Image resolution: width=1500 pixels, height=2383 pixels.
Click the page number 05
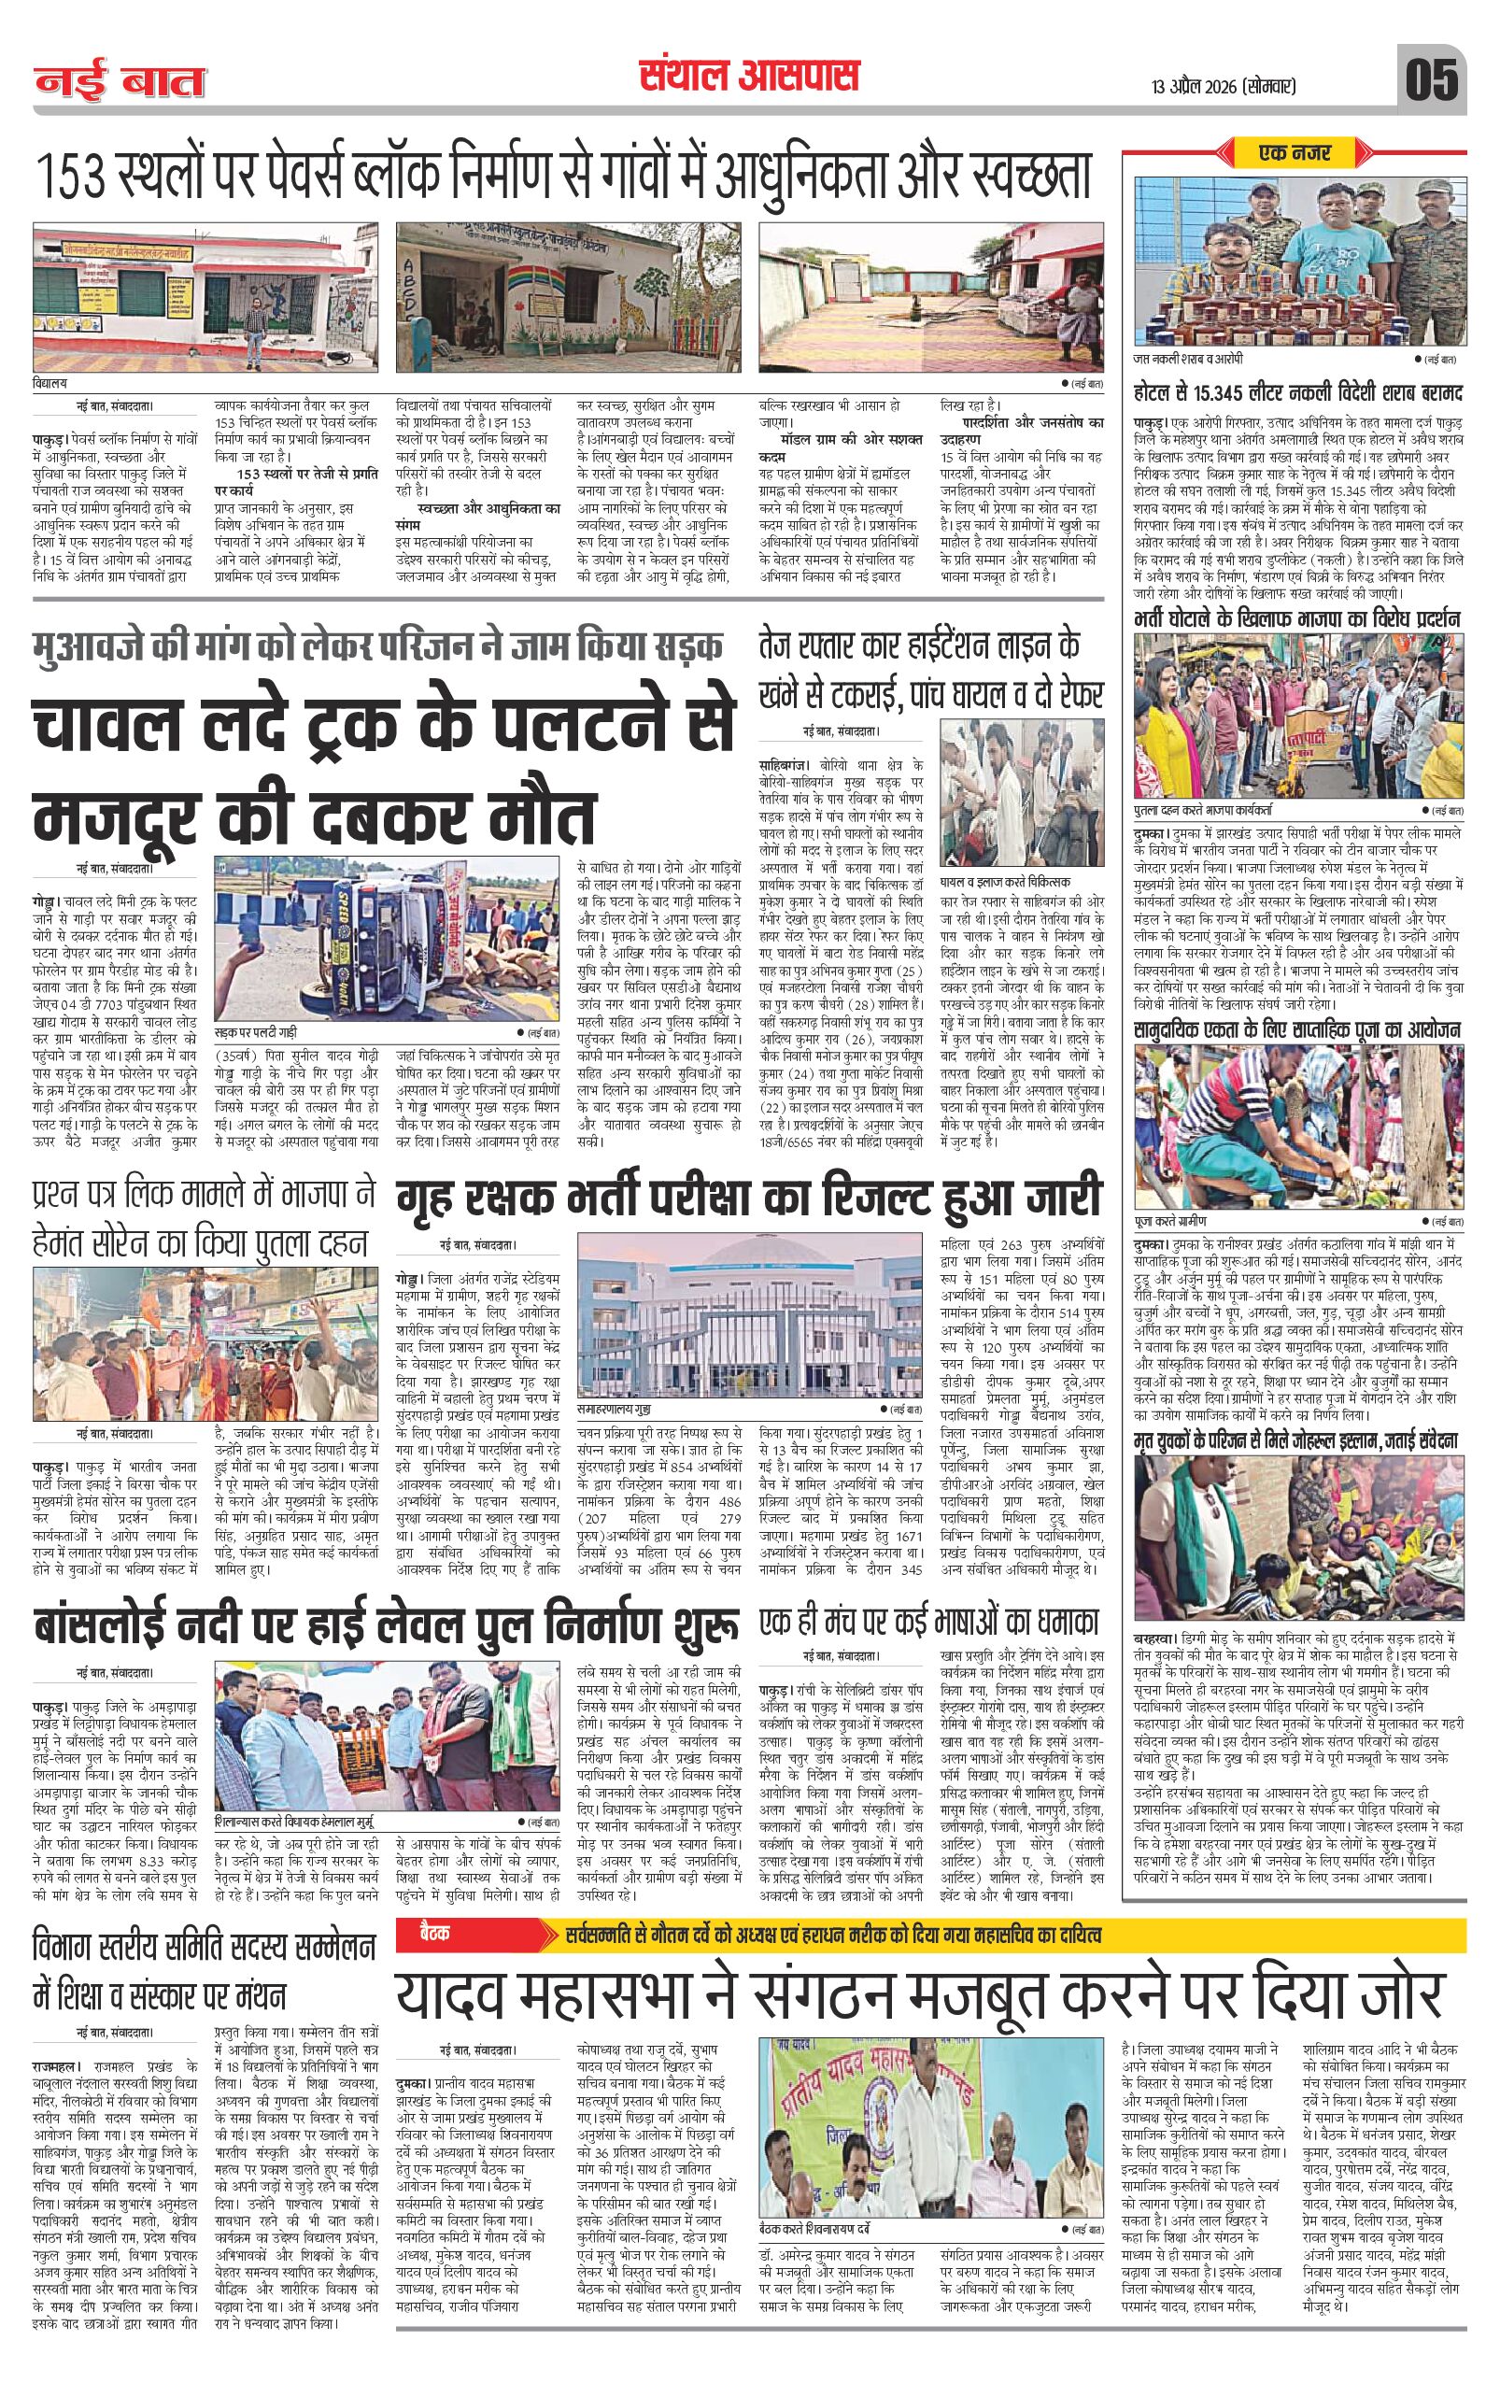[1433, 79]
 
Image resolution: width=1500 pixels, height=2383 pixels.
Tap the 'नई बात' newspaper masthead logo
[120, 82]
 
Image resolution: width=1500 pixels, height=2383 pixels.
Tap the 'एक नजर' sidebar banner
[1295, 152]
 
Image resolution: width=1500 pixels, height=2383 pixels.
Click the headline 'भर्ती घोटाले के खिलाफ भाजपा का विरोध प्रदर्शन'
[1297, 620]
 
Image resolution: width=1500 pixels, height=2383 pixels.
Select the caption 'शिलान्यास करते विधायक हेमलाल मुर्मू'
[298, 1822]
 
